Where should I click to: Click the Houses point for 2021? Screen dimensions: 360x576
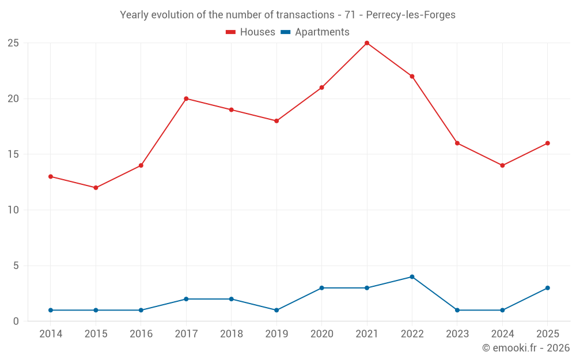367,43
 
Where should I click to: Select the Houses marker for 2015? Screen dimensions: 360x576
96,188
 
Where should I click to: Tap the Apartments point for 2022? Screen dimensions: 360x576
412,277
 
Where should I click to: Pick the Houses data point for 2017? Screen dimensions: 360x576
186,98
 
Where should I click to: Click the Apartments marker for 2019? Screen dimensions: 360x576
276,310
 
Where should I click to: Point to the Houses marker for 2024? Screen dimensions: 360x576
502,165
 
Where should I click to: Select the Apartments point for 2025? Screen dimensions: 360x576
547,288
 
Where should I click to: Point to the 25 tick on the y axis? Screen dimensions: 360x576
14,43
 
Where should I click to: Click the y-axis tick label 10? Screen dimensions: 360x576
14,210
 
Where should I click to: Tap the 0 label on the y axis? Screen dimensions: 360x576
16,321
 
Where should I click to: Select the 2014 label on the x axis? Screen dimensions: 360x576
51,334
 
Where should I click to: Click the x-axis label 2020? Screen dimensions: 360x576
321,334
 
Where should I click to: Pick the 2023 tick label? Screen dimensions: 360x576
457,334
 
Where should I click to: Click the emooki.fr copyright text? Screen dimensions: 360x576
526,348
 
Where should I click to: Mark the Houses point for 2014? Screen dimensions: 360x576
51,177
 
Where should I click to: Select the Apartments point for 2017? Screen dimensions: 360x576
186,299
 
